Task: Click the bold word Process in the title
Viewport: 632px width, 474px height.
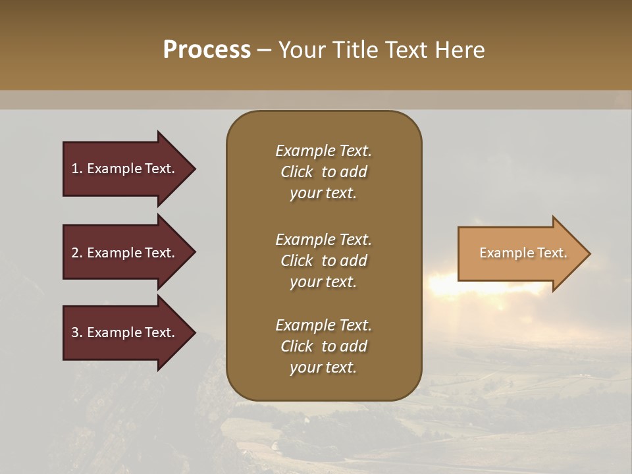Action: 207,50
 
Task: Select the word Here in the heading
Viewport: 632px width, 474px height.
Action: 460,50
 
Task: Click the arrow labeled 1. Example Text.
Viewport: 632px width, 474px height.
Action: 125,169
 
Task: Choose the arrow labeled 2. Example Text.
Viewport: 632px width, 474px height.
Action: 125,253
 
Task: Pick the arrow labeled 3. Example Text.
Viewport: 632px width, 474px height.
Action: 125,332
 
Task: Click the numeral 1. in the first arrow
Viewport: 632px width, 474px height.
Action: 76,169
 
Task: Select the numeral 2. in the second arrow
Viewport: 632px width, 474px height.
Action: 76,253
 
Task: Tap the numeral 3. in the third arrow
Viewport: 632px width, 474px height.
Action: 76,332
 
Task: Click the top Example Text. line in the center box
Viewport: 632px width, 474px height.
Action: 323,151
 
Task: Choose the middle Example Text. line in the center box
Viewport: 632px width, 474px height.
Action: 323,240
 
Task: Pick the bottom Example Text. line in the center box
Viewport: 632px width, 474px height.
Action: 323,325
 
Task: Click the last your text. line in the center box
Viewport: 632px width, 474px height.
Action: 323,368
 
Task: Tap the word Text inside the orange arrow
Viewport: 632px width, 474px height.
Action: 552,253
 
